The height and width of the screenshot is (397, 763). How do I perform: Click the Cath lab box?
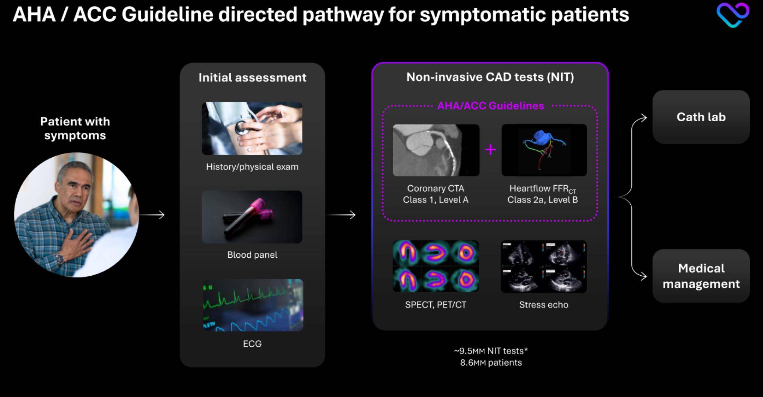coord(701,117)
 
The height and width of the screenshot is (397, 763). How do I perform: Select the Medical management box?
coord(701,276)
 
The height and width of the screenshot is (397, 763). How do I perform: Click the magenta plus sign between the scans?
coord(491,150)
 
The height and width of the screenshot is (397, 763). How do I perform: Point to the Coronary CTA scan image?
coord(436,150)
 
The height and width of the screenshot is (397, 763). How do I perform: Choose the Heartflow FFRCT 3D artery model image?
coord(544,150)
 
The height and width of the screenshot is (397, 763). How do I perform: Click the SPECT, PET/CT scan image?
coord(436,266)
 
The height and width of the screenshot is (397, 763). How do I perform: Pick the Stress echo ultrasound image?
coord(544,267)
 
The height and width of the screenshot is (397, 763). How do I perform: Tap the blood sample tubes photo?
coord(252,217)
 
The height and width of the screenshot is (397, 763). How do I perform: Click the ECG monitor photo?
coord(253,305)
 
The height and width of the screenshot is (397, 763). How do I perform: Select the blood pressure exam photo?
coord(252,128)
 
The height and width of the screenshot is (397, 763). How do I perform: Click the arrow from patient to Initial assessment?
coord(152,215)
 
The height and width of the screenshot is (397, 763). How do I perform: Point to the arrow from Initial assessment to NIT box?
coord(341,215)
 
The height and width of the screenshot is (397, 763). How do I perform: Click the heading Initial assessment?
coord(252,78)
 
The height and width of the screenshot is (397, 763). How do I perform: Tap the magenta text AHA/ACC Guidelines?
coord(491,106)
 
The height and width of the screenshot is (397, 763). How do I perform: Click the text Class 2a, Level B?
coord(542,200)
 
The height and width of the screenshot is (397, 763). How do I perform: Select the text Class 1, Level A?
coord(436,200)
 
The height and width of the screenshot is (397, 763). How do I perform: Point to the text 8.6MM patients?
coord(491,363)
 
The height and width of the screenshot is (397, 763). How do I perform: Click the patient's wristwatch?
coord(60,258)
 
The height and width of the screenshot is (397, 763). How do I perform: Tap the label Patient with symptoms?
coord(75,128)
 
